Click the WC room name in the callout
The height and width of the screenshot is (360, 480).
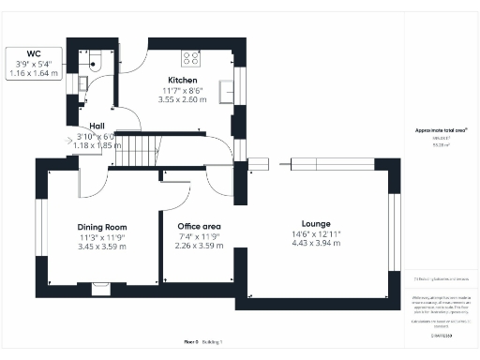tap(34, 54)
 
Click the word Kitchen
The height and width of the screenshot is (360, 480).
tap(181, 80)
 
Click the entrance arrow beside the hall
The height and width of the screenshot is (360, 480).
tap(73, 142)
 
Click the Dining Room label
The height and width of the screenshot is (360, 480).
tap(101, 227)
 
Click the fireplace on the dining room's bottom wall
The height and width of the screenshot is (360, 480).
tap(101, 288)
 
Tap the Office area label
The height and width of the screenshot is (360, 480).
tap(198, 227)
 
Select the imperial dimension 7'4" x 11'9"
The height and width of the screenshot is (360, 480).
tap(198, 236)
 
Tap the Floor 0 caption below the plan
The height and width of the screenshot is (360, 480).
tap(191, 342)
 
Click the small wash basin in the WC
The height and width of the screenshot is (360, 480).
tap(81, 82)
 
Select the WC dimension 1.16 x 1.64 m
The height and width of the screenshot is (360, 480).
tap(34, 72)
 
